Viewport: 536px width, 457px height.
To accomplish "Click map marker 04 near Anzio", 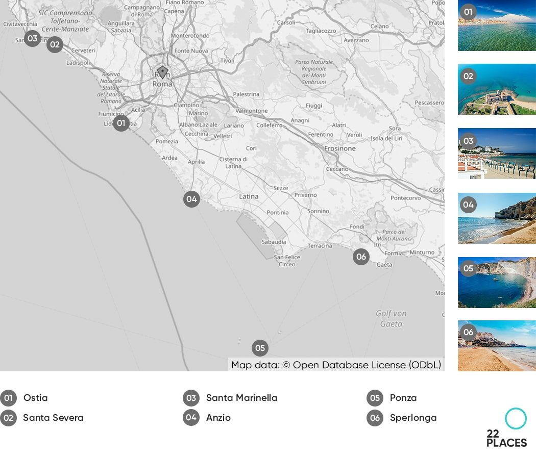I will [x=191, y=199].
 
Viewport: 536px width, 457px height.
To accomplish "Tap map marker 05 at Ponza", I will [x=260, y=348].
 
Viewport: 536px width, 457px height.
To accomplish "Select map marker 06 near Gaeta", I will [x=361, y=257].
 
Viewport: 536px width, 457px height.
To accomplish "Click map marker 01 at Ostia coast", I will [x=121, y=123].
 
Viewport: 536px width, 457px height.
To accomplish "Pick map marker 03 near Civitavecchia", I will [x=32, y=38].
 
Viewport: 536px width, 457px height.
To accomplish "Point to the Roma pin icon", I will [x=162, y=72].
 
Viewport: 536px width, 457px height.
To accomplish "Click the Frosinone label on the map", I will [x=339, y=148].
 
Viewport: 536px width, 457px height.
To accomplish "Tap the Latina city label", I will [x=249, y=196].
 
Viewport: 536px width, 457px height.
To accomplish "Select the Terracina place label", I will [x=320, y=245].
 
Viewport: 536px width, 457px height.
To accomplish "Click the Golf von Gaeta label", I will [x=391, y=318].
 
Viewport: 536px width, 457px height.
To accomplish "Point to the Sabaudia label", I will [x=274, y=242].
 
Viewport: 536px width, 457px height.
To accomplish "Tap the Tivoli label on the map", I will [x=227, y=61].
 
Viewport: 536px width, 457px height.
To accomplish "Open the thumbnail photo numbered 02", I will [x=497, y=89].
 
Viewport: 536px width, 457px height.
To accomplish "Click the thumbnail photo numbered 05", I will [x=497, y=283].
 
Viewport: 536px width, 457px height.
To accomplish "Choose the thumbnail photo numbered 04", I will [x=497, y=218].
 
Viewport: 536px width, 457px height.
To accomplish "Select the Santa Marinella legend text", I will [x=241, y=398].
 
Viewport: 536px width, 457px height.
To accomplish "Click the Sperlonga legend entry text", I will [x=413, y=418].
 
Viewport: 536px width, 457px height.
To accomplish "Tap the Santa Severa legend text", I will [x=53, y=418].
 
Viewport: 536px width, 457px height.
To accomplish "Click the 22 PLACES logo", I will [x=506, y=428].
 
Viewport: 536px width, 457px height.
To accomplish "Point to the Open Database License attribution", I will [x=336, y=365].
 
